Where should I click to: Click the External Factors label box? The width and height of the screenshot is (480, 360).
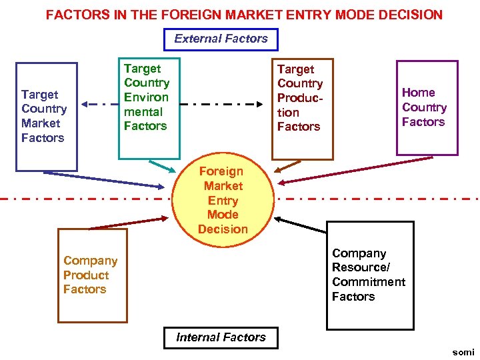(x=221, y=39)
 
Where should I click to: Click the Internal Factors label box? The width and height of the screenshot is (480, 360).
(x=221, y=337)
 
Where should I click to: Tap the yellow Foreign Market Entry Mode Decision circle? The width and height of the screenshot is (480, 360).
(x=223, y=201)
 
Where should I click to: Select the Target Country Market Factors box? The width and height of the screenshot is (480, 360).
(x=47, y=117)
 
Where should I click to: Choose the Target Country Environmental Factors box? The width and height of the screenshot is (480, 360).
(x=149, y=107)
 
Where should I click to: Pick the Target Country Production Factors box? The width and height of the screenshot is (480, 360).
(x=301, y=107)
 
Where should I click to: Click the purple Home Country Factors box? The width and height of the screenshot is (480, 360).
(x=427, y=107)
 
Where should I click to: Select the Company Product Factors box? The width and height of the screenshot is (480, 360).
(x=92, y=275)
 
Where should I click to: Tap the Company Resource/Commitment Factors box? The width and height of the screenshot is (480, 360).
(x=369, y=275)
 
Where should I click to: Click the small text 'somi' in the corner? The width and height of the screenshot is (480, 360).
(x=463, y=352)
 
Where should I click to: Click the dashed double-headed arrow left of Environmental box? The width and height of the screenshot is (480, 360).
(x=99, y=105)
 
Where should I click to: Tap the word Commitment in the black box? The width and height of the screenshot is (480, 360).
(x=368, y=282)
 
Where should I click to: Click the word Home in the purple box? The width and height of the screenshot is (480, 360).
(x=418, y=93)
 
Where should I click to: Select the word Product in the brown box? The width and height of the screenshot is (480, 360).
(x=86, y=275)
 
